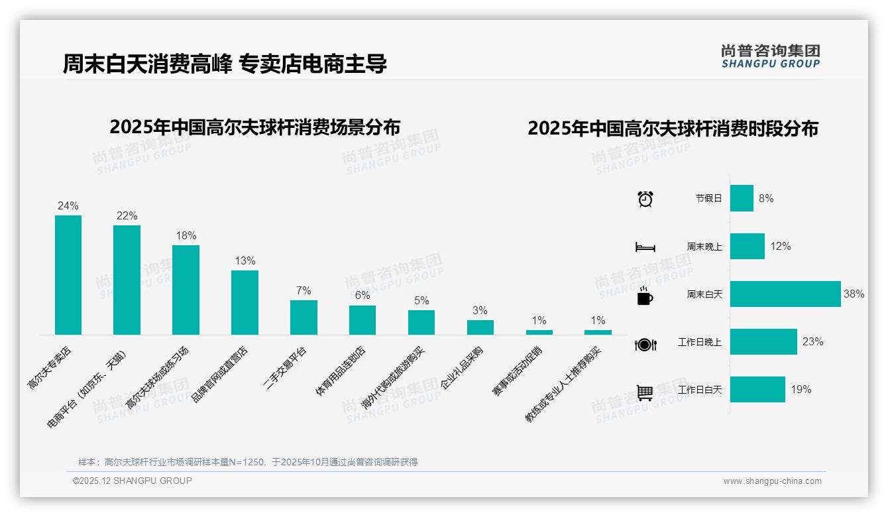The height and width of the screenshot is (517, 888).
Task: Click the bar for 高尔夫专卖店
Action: tap(68, 275)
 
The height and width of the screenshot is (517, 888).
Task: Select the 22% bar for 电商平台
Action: tap(127, 280)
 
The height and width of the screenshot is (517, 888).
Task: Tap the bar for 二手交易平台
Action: tap(304, 317)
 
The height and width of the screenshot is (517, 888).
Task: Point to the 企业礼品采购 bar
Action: tap(480, 327)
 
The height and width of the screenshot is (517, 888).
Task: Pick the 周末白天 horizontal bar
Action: tap(785, 294)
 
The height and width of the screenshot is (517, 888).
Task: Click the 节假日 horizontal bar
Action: tap(742, 198)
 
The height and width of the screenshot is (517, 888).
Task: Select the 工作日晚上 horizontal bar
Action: tap(763, 342)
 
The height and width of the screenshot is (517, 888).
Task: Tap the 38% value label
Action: tap(854, 294)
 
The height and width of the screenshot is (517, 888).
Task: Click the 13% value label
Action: tap(245, 261)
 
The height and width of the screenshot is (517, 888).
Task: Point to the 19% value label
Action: tap(801, 390)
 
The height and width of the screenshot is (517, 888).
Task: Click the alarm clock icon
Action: tap(645, 199)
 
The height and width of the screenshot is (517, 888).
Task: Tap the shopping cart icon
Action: tap(645, 392)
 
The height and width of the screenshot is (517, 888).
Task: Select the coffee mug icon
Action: tap(645, 296)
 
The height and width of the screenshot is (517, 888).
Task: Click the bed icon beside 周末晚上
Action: tap(645, 247)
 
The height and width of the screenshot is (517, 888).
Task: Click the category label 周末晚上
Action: tap(704, 247)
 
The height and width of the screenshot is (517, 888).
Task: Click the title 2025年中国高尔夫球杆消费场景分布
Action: tap(255, 127)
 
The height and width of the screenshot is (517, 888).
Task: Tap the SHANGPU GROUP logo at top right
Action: tap(770, 56)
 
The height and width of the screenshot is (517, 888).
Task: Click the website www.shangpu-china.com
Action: tap(772, 481)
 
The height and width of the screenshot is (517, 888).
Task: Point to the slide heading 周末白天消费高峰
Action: tap(147, 64)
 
